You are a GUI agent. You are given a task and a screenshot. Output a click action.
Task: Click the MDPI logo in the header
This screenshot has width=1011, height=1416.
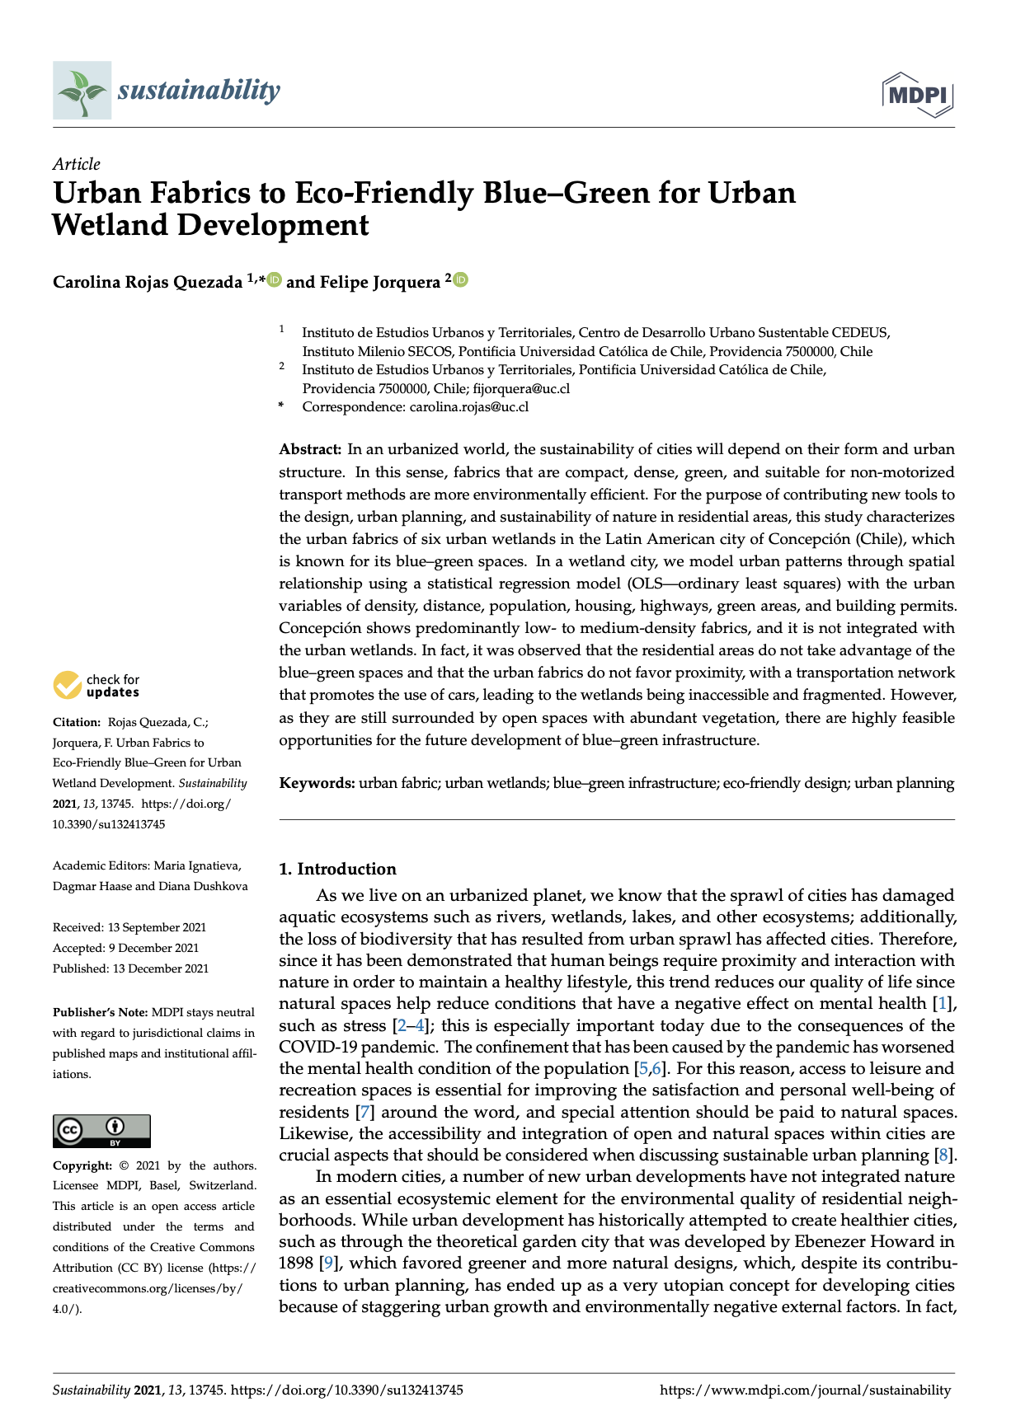(918, 95)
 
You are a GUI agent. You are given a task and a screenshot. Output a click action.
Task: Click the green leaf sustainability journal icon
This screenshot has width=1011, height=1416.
(81, 90)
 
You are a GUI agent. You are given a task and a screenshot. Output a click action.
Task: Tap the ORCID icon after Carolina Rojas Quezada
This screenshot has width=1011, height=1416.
(274, 280)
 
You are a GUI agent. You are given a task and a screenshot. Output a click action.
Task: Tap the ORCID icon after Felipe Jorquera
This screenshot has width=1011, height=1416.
(460, 280)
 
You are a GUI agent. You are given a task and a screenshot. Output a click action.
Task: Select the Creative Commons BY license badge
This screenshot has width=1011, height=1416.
(101, 1131)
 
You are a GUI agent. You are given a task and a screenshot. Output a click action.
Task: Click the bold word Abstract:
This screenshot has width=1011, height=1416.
(310, 449)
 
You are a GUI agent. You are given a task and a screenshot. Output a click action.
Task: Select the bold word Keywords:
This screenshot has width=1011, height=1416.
(317, 783)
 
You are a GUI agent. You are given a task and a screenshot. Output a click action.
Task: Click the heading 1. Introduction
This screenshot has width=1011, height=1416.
(337, 869)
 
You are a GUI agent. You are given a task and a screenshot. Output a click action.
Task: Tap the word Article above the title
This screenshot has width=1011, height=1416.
(76, 164)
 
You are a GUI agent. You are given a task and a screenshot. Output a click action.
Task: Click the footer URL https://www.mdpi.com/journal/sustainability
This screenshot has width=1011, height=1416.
(805, 1390)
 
